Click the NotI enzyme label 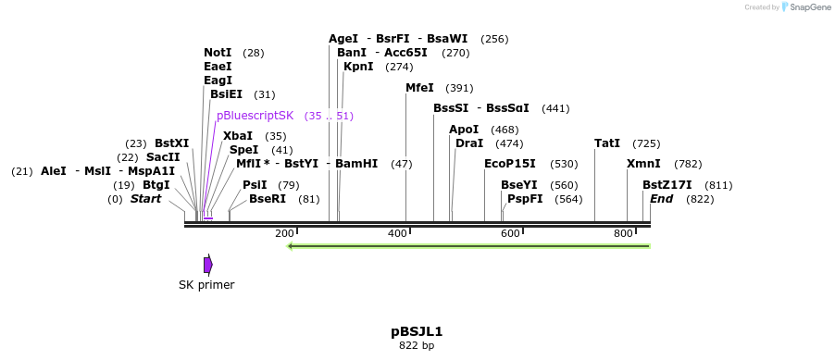point(218,53)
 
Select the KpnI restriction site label point(358,67)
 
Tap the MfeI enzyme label point(419,88)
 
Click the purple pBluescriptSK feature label point(255,116)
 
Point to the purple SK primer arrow point(208,265)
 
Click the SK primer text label point(206,285)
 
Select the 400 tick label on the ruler point(397,233)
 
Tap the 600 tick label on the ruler point(510,233)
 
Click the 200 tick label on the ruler point(284,233)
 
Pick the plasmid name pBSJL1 point(417,331)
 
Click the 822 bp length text point(417,346)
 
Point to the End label point(661,199)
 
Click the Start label point(145,199)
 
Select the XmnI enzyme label point(643,164)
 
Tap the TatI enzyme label point(607,143)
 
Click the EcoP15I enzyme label point(510,164)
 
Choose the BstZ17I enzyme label point(667,185)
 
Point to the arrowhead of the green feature point(292,246)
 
